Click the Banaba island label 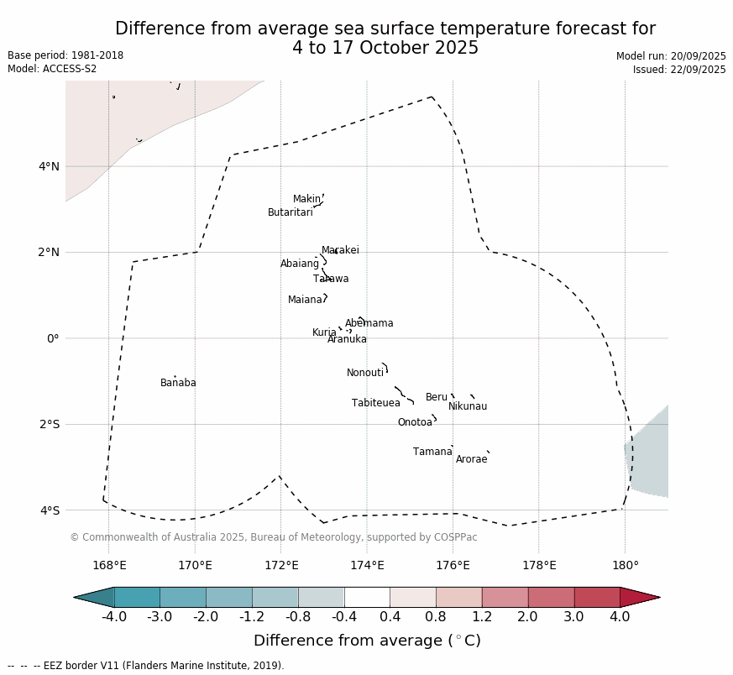pos(178,383)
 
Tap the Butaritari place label pos(290,212)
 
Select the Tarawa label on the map pos(331,279)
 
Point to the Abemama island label pos(369,323)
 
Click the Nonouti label pos(365,373)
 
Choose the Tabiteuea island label pos(375,403)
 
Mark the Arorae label pos(471,459)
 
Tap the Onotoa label pos(415,422)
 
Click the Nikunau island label pos(467,406)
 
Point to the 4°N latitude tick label pos(49,166)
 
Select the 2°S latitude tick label pos(49,424)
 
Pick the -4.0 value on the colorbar pos(114,617)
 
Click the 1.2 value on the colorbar pos(482,617)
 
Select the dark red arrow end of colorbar pos(638,597)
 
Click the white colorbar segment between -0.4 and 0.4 pos(367,597)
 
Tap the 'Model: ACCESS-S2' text pos(52,69)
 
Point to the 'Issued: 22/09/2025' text pos(679,70)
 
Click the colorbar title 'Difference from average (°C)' pos(367,641)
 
